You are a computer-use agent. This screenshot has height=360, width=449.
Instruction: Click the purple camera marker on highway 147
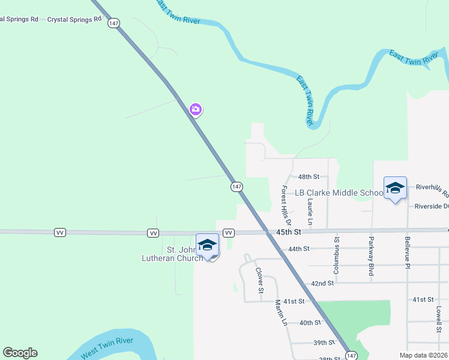(195, 109)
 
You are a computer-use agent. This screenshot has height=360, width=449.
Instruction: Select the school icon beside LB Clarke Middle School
(395, 188)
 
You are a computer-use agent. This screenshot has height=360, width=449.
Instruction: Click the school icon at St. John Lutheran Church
(207, 245)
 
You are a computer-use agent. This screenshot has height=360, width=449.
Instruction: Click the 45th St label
(288, 232)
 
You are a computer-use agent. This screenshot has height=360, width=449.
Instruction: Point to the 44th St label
(298, 248)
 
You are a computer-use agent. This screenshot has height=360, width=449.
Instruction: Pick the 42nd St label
(322, 283)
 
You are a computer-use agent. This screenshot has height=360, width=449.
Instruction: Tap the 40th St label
(310, 322)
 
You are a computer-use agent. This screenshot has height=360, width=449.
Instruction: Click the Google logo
(20, 353)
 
